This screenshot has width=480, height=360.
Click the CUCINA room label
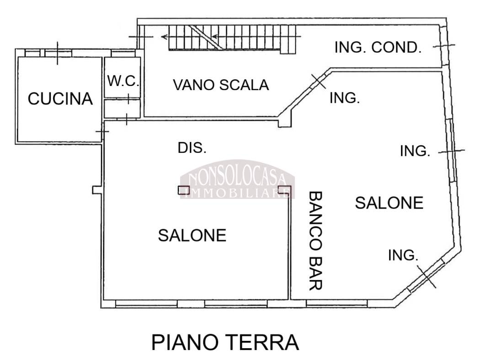tap(60, 99)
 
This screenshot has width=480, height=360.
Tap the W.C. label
tap(123, 81)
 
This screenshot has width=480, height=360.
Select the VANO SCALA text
tap(221, 85)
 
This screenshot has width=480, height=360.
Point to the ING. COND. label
tap(378, 48)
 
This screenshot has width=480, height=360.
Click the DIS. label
tap(192, 148)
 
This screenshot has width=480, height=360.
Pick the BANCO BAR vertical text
tap(315, 241)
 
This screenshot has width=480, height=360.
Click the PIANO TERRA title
tap(225, 342)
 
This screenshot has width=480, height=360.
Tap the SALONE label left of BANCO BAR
tap(192, 235)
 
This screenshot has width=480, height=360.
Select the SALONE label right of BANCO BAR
tap(389, 203)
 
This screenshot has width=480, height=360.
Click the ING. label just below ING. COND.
tap(344, 98)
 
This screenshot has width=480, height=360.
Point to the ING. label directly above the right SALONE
tap(415, 151)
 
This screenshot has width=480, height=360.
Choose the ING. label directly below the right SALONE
tap(403, 255)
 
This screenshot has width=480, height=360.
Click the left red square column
tap(184, 190)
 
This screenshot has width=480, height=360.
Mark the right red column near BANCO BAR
tap(284, 190)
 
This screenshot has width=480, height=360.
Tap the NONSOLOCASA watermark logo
tap(237, 179)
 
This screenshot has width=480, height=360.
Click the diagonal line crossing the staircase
tap(206, 38)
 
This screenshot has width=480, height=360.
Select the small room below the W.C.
tap(122, 108)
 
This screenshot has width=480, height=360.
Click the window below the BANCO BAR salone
tap(337, 303)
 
